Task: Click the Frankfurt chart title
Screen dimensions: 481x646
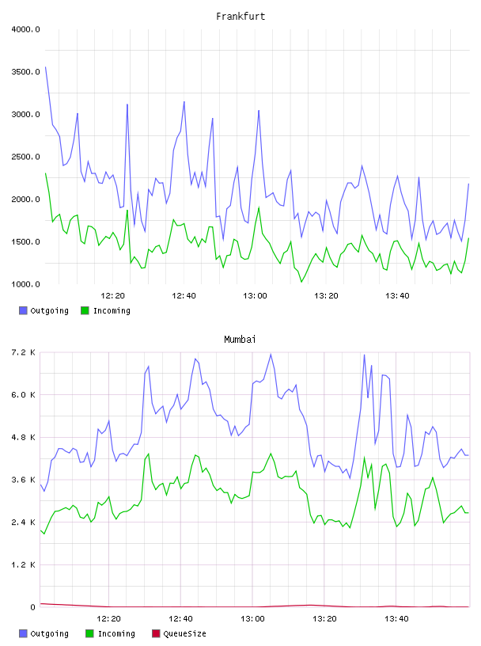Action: pos(240,17)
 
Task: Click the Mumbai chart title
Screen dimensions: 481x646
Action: pos(240,340)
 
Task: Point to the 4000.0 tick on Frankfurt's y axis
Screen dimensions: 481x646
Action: pos(25,29)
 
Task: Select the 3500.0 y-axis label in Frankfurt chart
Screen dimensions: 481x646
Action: pos(25,72)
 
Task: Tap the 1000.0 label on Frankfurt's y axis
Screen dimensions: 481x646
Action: pos(25,284)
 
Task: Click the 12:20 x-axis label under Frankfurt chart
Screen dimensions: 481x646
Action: pos(112,296)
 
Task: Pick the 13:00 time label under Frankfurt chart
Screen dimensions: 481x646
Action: pos(255,296)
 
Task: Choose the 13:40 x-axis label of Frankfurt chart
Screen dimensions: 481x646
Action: pos(397,296)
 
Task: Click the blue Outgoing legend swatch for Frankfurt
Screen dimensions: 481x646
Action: pos(23,310)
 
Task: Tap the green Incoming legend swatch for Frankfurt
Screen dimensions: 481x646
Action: pos(85,310)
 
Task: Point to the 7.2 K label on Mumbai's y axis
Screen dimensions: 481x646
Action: pos(24,352)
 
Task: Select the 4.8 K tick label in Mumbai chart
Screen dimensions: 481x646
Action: pos(24,437)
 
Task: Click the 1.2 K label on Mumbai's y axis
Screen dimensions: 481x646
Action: pos(24,564)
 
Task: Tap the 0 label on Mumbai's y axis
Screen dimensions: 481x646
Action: pos(33,607)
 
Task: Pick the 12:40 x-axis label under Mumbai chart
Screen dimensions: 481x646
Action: pos(180,619)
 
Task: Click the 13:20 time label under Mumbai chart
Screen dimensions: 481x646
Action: pos(324,619)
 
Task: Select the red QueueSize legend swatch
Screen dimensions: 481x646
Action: pos(156,633)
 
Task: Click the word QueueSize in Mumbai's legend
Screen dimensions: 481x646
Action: pos(184,633)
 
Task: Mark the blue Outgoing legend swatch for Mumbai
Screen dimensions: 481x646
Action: pos(23,633)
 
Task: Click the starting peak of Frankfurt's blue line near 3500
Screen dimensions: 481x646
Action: pos(45,66)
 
